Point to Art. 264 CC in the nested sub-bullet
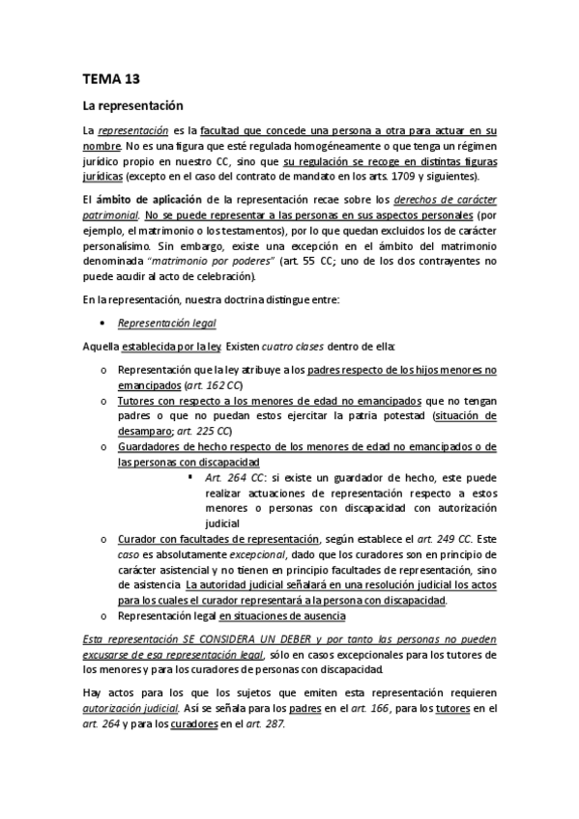pyautogui.click(x=235, y=478)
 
